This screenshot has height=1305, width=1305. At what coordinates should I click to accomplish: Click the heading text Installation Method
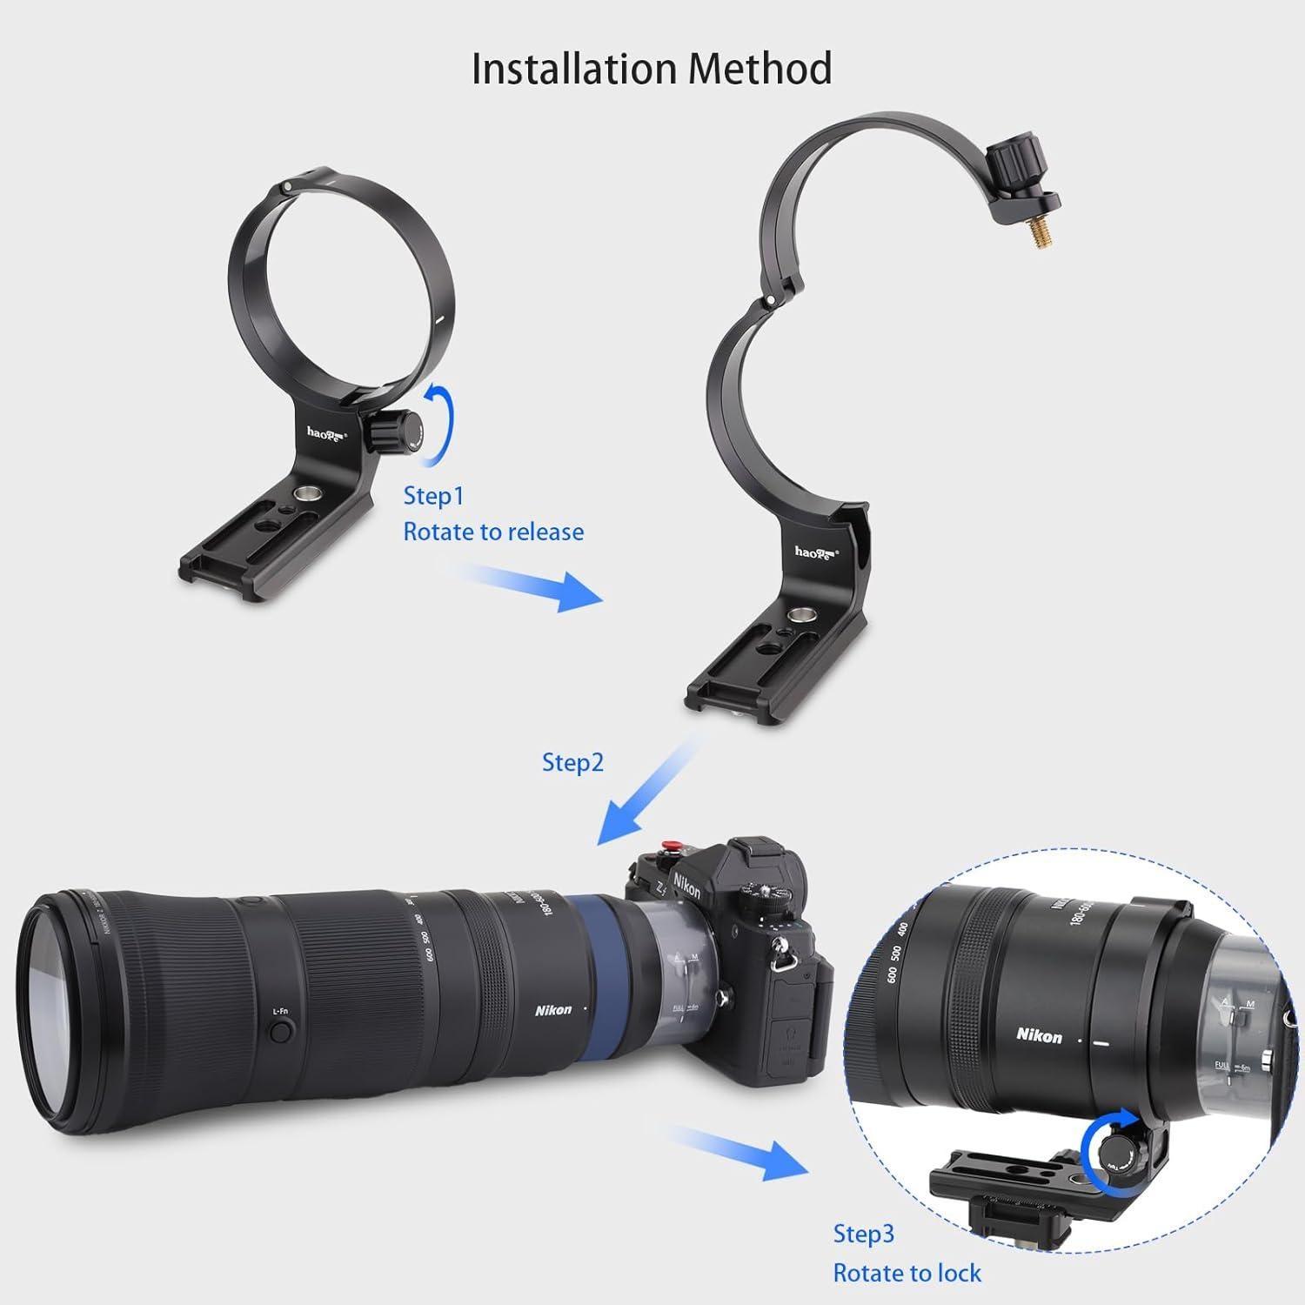[x=652, y=69]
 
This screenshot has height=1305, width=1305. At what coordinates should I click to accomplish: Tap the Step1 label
[x=433, y=496]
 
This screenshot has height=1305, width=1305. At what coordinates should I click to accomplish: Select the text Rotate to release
[x=493, y=532]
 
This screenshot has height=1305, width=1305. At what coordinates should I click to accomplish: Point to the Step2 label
[x=572, y=762]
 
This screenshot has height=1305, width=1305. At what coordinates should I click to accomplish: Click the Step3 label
[x=863, y=1234]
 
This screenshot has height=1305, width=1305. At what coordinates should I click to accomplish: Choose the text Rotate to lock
[x=907, y=1273]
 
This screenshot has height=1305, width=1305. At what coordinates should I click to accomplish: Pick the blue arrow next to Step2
[x=646, y=793]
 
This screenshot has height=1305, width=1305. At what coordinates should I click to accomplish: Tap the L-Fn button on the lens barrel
[x=280, y=1031]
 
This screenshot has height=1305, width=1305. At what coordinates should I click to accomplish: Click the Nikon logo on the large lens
[x=553, y=1010]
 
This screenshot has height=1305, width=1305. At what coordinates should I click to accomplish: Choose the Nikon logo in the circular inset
[x=1039, y=1035]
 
